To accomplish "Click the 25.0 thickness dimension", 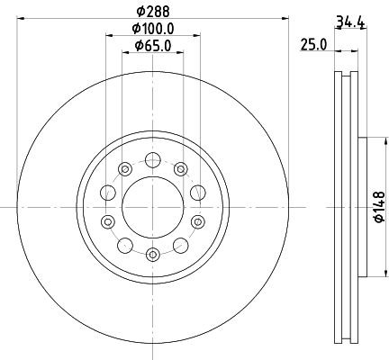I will point(312,44).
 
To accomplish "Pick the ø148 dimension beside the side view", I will point(379,206).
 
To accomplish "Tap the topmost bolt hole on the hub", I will point(152,160).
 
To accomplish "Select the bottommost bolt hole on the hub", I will point(152,255).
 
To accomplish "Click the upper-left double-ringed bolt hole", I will point(124,169).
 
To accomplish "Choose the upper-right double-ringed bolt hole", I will point(180,169).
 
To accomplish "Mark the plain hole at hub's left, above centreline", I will point(108,192).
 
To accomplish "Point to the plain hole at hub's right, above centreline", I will point(196,192).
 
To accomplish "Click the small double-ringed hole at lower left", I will point(108,222).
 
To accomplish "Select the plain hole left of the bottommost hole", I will point(124,245).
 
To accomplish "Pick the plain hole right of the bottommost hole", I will point(180,245).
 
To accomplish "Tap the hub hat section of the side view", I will point(358,207).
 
